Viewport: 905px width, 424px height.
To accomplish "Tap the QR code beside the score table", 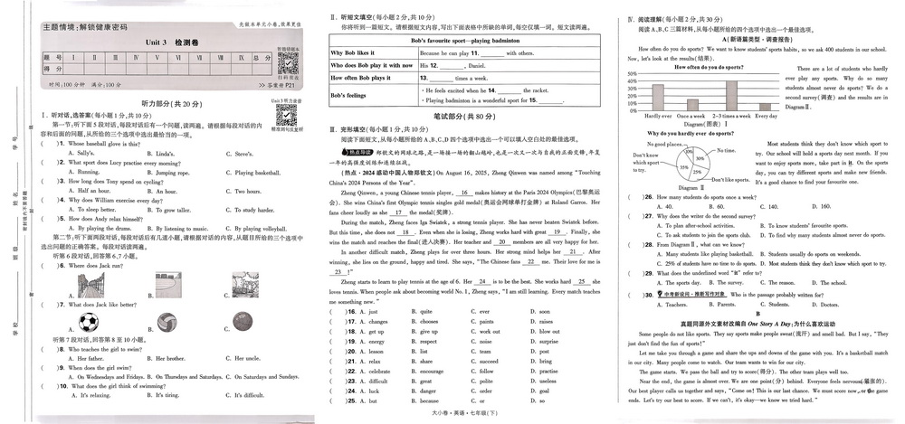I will point(287,63).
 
